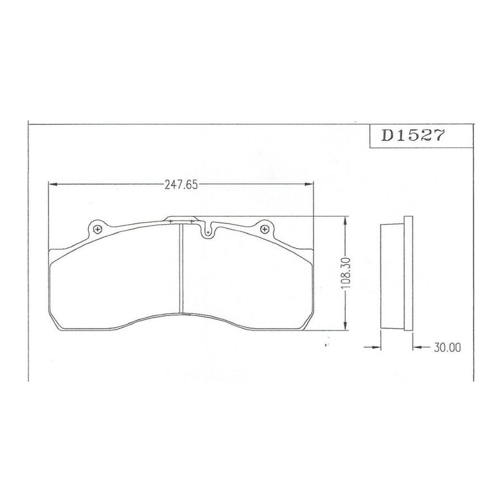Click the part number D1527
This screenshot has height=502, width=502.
click(x=412, y=135)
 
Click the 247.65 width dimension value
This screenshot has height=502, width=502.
click(x=181, y=185)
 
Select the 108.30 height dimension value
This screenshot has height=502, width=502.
click(x=346, y=273)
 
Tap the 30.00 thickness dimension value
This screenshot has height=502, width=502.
click(x=447, y=347)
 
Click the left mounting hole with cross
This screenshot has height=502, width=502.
click(x=97, y=229)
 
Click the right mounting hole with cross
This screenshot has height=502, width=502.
click(x=264, y=229)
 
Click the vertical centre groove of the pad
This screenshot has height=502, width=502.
click(x=181, y=268)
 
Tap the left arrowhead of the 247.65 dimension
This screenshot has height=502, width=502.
click(x=53, y=184)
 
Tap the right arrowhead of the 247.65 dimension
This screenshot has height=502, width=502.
click(x=309, y=184)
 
